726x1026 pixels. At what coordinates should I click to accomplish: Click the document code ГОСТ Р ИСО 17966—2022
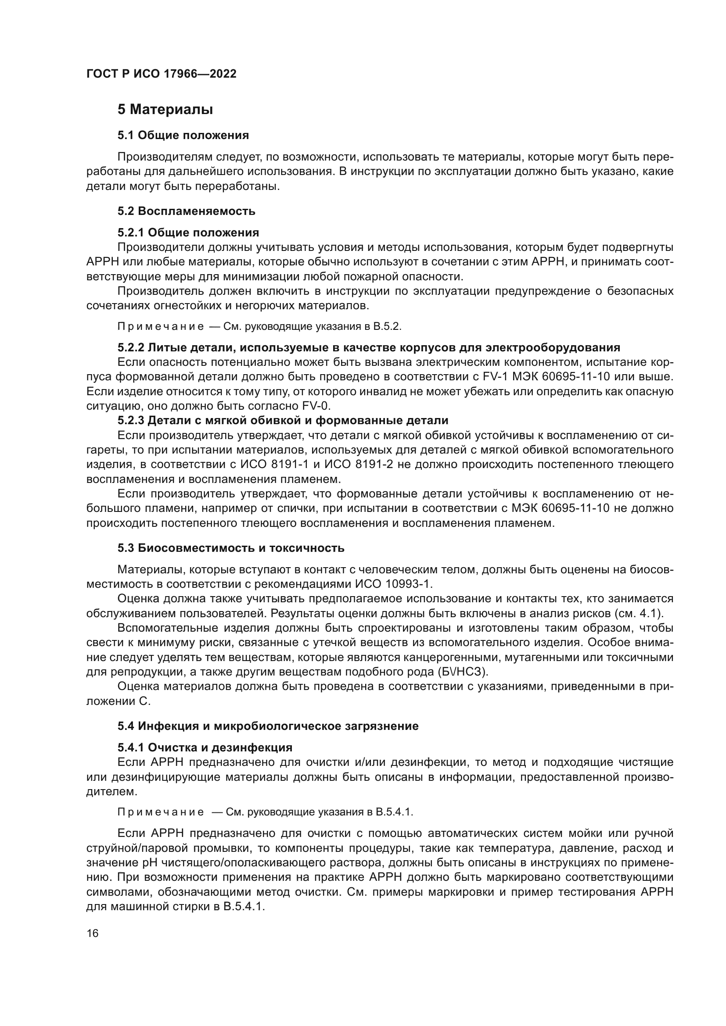(162, 74)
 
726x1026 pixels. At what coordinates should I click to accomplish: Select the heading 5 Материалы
(165, 110)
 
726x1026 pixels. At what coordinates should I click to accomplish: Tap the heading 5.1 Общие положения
(183, 135)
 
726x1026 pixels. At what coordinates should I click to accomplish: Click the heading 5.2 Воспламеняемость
(187, 211)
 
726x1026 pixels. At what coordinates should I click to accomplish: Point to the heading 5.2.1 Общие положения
(188, 232)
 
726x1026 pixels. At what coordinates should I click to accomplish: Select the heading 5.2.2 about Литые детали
(369, 348)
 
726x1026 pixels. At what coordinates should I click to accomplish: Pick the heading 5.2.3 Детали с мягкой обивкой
(283, 421)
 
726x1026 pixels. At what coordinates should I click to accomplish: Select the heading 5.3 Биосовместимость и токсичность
(231, 548)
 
